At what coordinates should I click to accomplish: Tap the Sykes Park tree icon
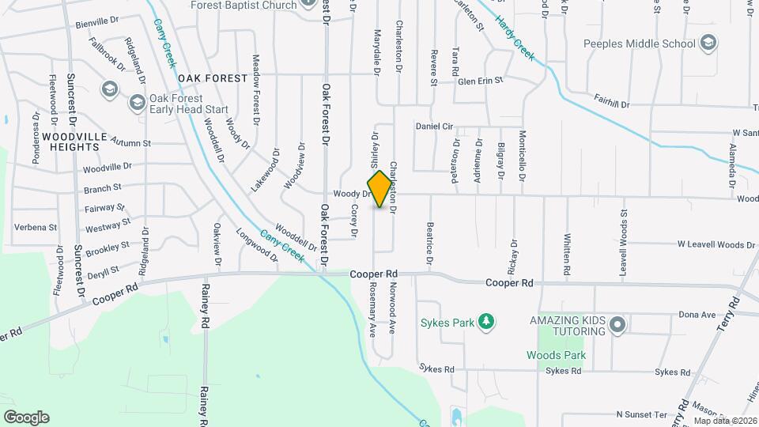(489, 320)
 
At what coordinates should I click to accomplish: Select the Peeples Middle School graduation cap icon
(708, 43)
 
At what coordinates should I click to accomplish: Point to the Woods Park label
(557, 356)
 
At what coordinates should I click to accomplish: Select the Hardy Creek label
(515, 38)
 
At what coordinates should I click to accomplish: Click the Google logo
(26, 418)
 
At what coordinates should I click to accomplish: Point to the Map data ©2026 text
(724, 421)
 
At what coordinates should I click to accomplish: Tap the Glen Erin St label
(480, 81)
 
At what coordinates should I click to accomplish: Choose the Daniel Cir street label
(434, 127)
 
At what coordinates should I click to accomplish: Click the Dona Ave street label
(696, 315)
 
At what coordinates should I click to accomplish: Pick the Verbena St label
(36, 227)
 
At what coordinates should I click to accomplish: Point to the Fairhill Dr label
(612, 104)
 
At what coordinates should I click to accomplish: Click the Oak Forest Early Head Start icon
(138, 102)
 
